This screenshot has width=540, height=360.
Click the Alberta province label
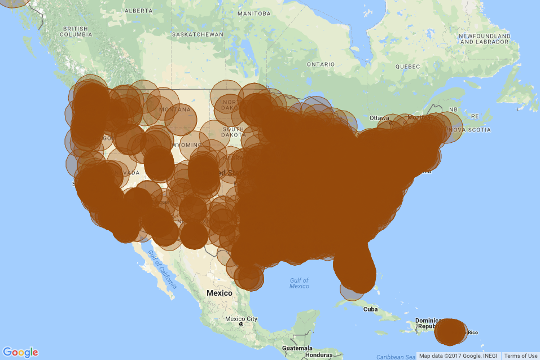[x=138, y=11]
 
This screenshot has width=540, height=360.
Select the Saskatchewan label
[x=197, y=34]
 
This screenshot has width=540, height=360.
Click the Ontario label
[x=321, y=64]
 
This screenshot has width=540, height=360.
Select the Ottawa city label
[x=379, y=118]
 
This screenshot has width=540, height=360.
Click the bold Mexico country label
[x=219, y=293]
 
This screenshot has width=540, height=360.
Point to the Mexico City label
[x=241, y=319]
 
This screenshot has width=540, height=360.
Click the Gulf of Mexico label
[x=299, y=283]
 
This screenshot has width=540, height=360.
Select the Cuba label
[x=370, y=309]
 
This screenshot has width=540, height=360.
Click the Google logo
[x=20, y=352]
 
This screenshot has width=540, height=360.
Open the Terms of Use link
[x=520, y=356]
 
